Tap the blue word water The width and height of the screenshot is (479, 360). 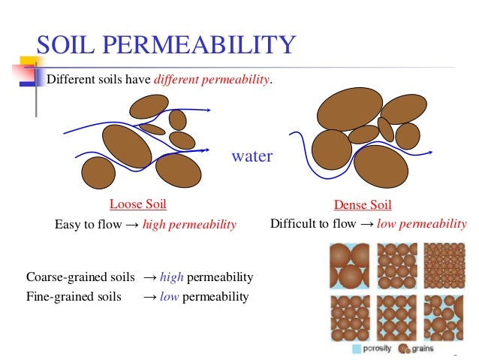(x=252, y=157)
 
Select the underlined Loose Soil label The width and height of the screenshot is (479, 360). (x=137, y=204)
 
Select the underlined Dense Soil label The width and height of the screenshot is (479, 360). (x=363, y=205)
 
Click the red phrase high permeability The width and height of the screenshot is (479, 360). (x=189, y=225)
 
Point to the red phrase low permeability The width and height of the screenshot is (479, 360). (x=422, y=224)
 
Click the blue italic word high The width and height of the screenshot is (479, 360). (x=171, y=277)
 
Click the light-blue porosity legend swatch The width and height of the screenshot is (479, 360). (x=357, y=349)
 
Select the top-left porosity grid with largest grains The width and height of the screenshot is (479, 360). (x=350, y=265)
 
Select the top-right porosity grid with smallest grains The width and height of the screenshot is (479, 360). (x=444, y=265)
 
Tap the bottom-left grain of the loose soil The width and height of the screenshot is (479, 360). (x=98, y=173)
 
